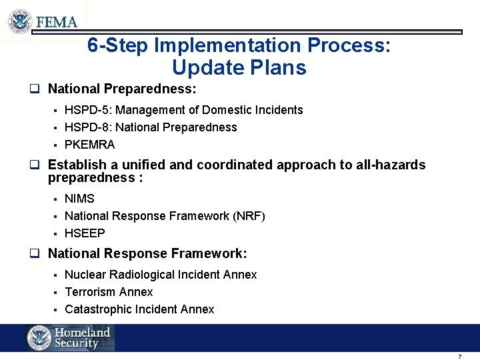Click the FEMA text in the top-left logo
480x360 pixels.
point(57,21)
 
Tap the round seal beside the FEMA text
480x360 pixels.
point(21,21)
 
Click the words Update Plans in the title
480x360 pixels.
point(239,68)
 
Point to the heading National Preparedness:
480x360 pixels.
point(122,89)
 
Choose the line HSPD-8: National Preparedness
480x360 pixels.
point(151,127)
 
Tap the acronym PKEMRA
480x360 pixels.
point(89,145)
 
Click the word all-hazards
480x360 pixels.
point(389,165)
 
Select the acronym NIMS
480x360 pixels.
point(79,199)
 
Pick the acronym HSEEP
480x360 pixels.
point(85,233)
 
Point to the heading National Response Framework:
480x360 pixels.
point(147,253)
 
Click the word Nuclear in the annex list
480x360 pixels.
point(84,275)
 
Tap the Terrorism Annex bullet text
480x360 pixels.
point(109,292)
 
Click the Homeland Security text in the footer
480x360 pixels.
point(82,338)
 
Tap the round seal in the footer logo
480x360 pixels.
point(39,338)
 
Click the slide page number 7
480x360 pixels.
point(459,356)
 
